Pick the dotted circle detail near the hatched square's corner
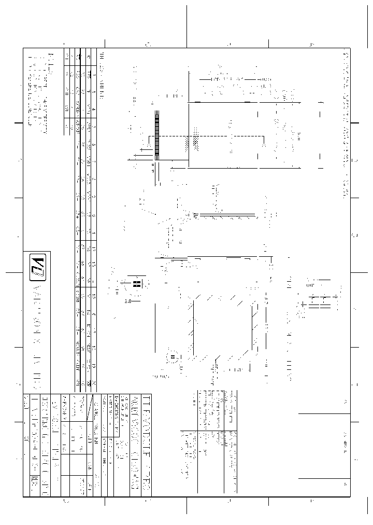pos(172,357)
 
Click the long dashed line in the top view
pos(226,136)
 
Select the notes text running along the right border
pos(346,125)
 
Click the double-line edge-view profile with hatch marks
pos(225,214)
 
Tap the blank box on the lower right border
pos(324,446)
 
